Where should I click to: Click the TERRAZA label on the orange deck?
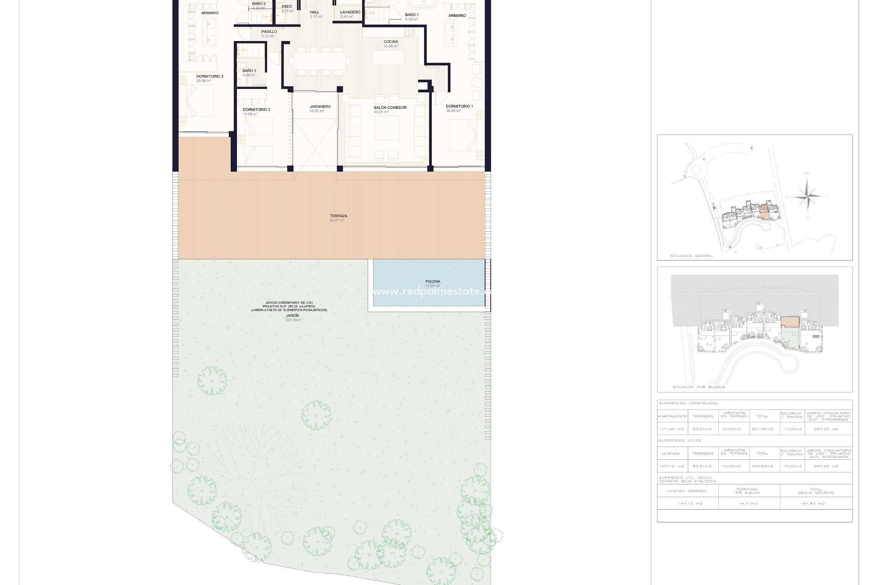pos(338,216)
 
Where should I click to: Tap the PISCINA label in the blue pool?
pos(433,282)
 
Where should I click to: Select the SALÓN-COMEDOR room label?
pos(390,108)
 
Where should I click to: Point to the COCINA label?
pos(391,42)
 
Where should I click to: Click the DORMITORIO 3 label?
pos(256,110)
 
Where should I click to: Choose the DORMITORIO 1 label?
pos(459,106)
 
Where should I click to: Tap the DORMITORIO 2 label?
pos(209,77)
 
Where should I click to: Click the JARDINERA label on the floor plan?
pos(320,107)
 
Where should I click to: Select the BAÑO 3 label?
pos(249,71)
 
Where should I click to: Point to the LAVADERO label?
pos(350,12)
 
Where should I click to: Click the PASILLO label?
pos(269,32)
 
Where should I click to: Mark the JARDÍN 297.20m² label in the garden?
pos(293,316)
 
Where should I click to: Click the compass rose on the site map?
pos(807,197)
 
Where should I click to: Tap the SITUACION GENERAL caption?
pos(691,256)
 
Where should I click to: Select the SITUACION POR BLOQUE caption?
pos(698,387)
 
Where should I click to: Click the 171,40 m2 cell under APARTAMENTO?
pos(672,429)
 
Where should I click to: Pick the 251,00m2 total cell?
pos(762,429)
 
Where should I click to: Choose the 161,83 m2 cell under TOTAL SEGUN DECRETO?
pos(816,504)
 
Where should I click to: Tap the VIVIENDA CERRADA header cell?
pos(686,491)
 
